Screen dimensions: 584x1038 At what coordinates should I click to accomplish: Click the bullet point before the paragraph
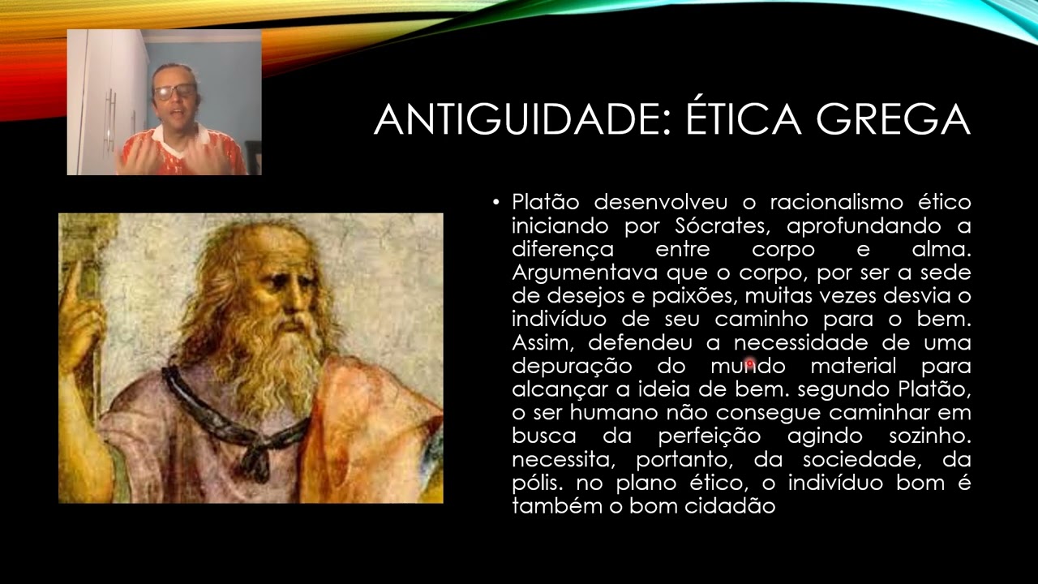coord(496,201)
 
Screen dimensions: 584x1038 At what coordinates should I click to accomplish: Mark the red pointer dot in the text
coord(749,365)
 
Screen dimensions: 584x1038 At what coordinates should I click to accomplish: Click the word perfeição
coord(709,436)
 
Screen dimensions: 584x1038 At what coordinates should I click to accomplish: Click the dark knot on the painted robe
coord(256,462)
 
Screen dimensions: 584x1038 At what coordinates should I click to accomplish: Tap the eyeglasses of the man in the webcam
coord(175,91)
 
